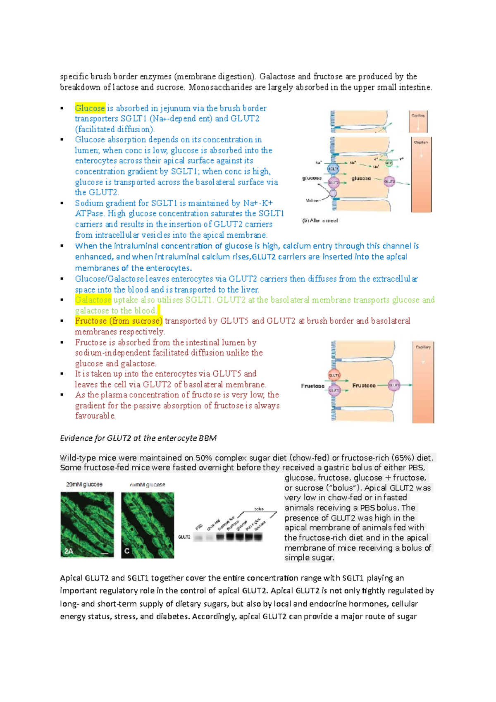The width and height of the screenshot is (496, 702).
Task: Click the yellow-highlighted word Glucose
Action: click(x=90, y=108)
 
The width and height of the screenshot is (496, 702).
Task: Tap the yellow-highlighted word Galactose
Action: click(x=93, y=300)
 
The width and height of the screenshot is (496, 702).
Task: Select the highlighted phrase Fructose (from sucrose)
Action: click(x=119, y=321)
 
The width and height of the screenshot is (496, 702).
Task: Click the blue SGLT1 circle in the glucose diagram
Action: click(x=333, y=169)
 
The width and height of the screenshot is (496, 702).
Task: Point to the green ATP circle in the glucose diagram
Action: click(x=389, y=163)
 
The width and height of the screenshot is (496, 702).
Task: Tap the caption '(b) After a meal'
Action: click(x=320, y=221)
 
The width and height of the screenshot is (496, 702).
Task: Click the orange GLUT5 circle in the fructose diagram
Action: click(x=334, y=375)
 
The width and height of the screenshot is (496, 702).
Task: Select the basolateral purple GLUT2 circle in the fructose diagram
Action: click(x=394, y=385)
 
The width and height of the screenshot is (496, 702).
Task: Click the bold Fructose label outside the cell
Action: click(x=312, y=386)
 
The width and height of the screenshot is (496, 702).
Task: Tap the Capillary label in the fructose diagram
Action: click(x=423, y=347)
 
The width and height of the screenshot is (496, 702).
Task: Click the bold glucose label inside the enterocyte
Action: click(x=361, y=179)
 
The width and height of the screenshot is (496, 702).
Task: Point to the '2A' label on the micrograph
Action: click(x=69, y=551)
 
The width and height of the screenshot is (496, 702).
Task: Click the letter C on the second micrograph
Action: click(x=127, y=551)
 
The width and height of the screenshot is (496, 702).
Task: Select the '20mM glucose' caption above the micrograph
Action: click(x=84, y=484)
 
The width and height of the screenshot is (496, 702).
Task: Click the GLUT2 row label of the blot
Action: click(x=184, y=537)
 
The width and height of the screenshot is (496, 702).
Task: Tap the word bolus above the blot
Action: click(x=259, y=509)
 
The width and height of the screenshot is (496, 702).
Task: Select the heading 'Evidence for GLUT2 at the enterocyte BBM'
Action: click(x=138, y=438)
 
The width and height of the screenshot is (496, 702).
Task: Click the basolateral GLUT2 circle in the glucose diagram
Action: click(x=389, y=181)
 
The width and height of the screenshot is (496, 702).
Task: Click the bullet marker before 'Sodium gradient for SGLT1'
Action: click(x=62, y=203)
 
